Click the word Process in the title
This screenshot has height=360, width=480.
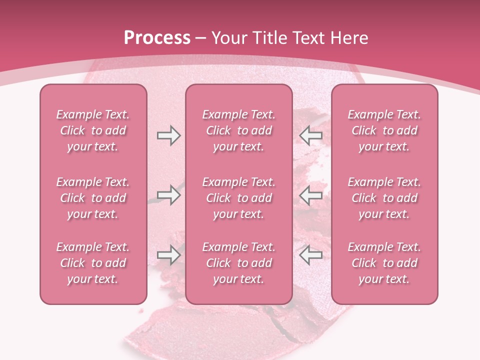(157, 38)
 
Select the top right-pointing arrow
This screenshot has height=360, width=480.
(168, 135)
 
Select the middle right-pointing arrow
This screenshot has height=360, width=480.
(168, 195)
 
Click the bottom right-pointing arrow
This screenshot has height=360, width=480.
(168, 255)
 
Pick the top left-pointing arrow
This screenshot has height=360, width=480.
(310, 135)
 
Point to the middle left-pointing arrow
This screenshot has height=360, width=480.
(310, 195)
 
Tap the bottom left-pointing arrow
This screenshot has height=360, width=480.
(310, 255)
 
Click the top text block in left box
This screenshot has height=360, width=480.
(93, 130)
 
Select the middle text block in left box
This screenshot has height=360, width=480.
(93, 198)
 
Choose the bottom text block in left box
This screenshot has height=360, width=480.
(93, 263)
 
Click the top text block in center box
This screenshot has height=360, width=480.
(238, 130)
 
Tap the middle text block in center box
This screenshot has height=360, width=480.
(238, 198)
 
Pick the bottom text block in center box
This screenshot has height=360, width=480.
(238, 263)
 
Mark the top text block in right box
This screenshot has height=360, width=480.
(384, 130)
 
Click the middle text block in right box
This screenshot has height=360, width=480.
(384, 198)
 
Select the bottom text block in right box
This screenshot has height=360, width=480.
(384, 263)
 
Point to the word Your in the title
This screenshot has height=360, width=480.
(229, 38)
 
